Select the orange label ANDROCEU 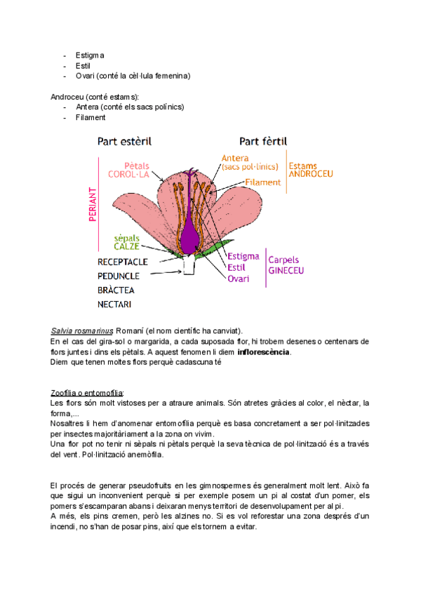pos(311,173)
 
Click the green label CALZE pos(127,246)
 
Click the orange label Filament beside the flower pos(263,182)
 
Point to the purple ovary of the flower pos(189,238)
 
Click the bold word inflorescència pos(263,352)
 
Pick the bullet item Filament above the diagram pos(91,117)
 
